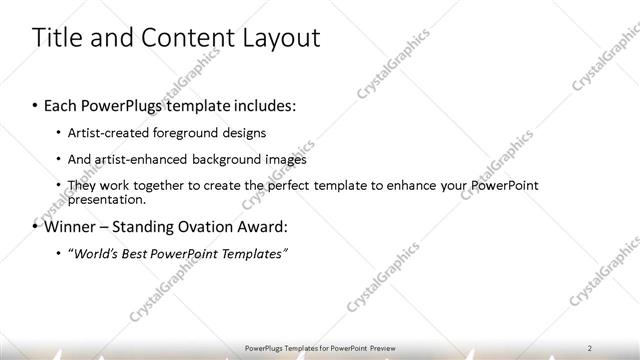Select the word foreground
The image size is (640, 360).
click(188, 132)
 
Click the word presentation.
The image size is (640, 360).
click(103, 199)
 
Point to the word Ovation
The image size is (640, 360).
click(203, 226)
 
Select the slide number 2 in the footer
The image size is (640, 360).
click(591, 348)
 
